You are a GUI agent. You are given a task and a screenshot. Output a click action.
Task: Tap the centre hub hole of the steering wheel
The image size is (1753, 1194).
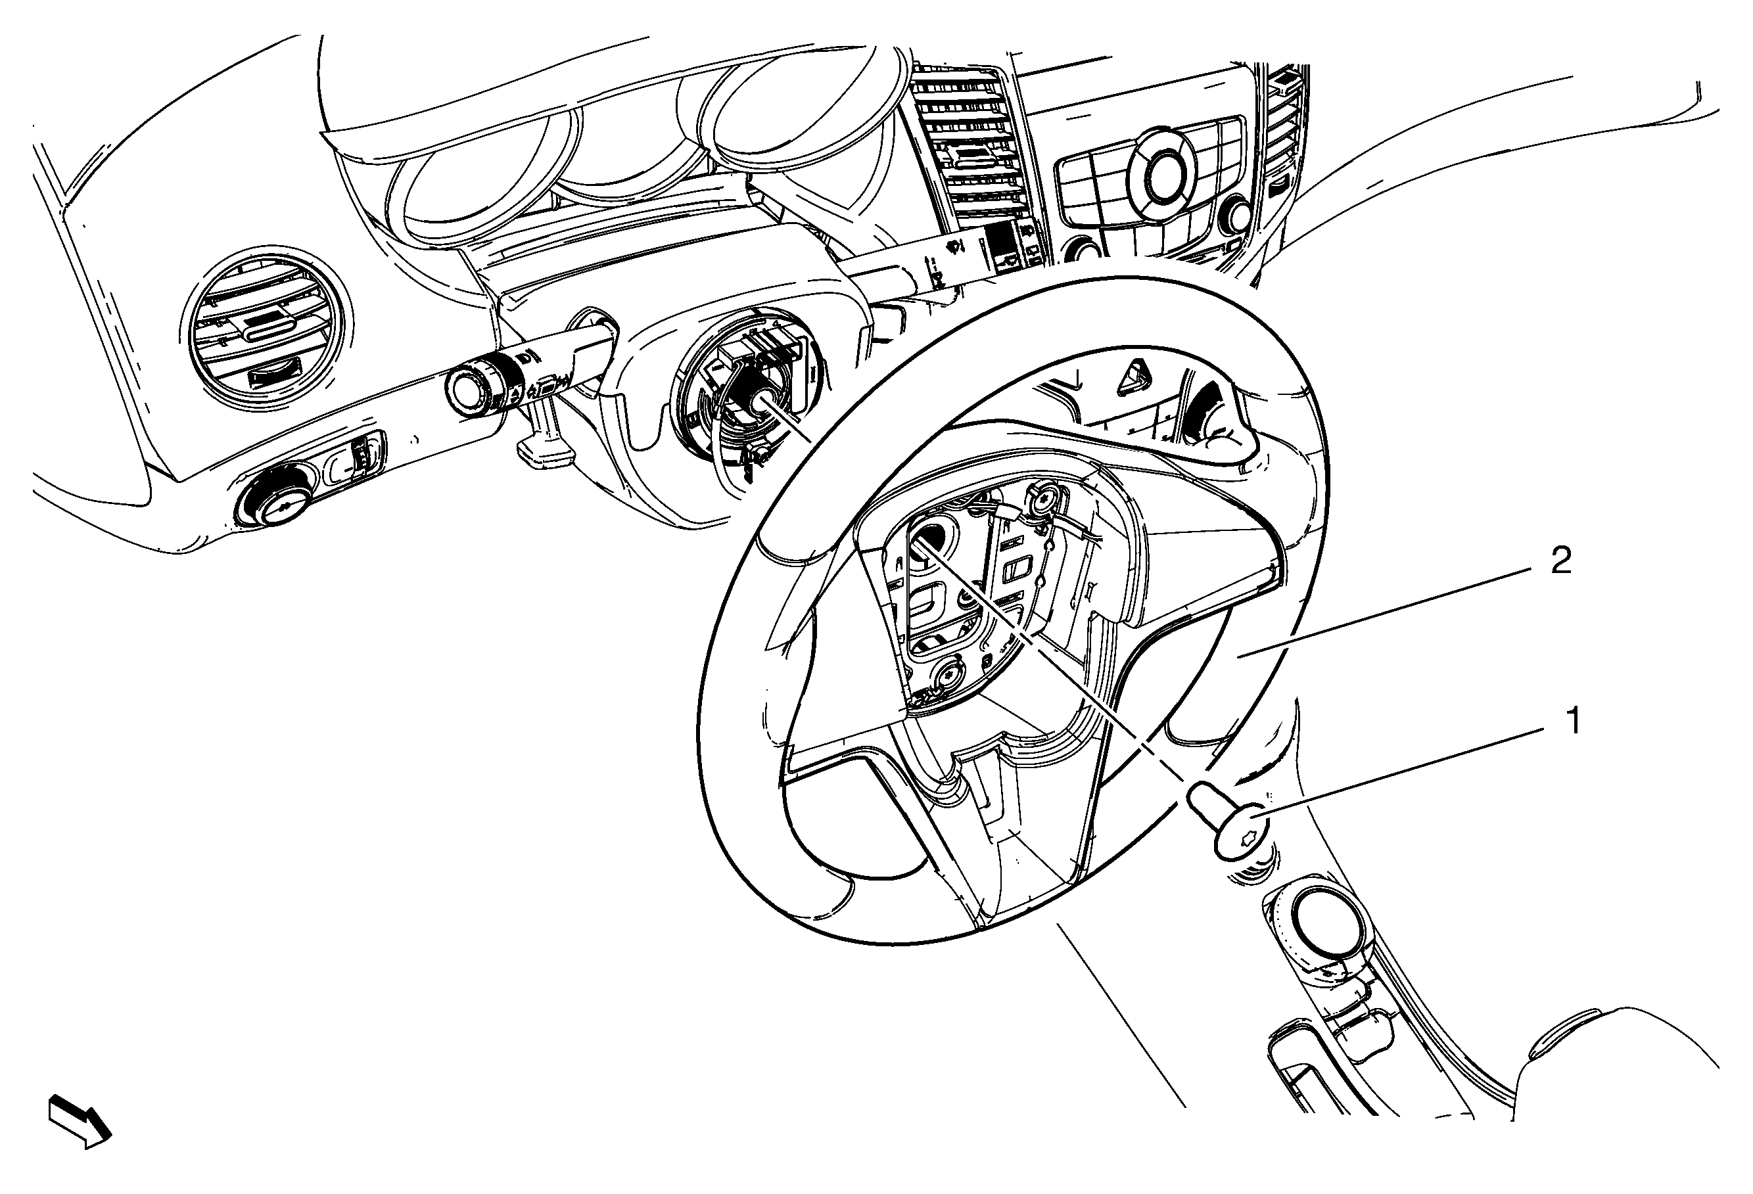pyautogui.click(x=934, y=540)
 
